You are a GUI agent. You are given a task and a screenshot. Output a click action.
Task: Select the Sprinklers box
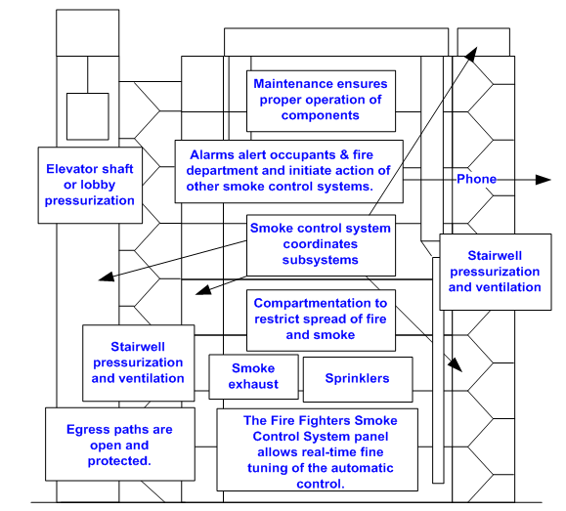[x=358, y=379]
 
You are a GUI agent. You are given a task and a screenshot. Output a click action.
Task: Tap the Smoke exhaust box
[x=254, y=377]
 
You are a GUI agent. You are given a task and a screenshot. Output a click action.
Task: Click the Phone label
[x=476, y=179]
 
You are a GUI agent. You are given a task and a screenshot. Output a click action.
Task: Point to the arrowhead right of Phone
[x=543, y=180]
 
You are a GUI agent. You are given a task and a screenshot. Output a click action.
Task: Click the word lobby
[x=98, y=185]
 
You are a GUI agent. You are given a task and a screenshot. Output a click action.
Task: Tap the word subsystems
[x=321, y=260]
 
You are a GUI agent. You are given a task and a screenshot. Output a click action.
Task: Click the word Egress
[x=85, y=430]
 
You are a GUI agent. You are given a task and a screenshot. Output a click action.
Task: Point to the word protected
[x=119, y=461]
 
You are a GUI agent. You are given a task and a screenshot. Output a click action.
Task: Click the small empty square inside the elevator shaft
[x=88, y=116]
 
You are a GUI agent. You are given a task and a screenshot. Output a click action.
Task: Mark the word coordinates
[x=321, y=244]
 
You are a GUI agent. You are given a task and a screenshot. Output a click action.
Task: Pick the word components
[x=321, y=115]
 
